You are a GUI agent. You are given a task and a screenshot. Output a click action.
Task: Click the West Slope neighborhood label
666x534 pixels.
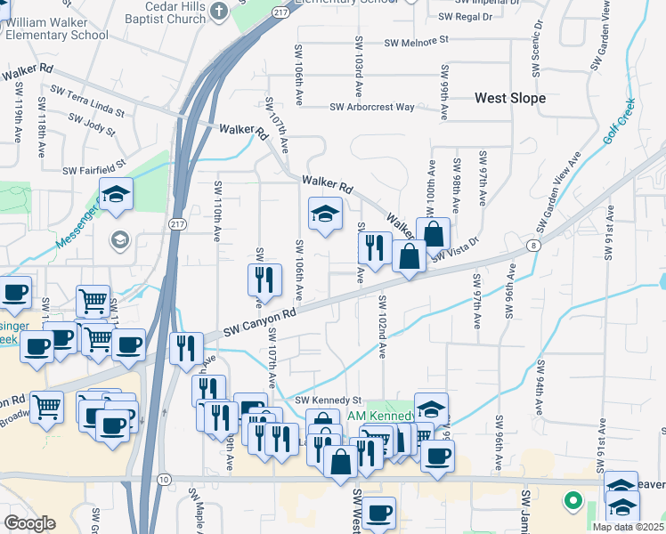coord(510,98)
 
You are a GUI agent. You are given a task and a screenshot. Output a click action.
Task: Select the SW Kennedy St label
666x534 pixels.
coord(328,401)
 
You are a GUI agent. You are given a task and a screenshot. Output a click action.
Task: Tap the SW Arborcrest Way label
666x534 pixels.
coord(372,107)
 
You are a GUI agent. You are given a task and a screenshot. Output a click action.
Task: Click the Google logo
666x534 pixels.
coord(29,523)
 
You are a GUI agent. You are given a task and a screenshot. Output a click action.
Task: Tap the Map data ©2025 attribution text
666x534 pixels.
coord(625,527)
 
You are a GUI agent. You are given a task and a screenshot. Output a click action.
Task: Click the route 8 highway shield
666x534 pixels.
coord(532,245)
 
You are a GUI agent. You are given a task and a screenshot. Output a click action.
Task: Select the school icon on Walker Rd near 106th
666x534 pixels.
coord(326,214)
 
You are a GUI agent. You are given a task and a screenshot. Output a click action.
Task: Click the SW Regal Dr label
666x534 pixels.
coord(466,17)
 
